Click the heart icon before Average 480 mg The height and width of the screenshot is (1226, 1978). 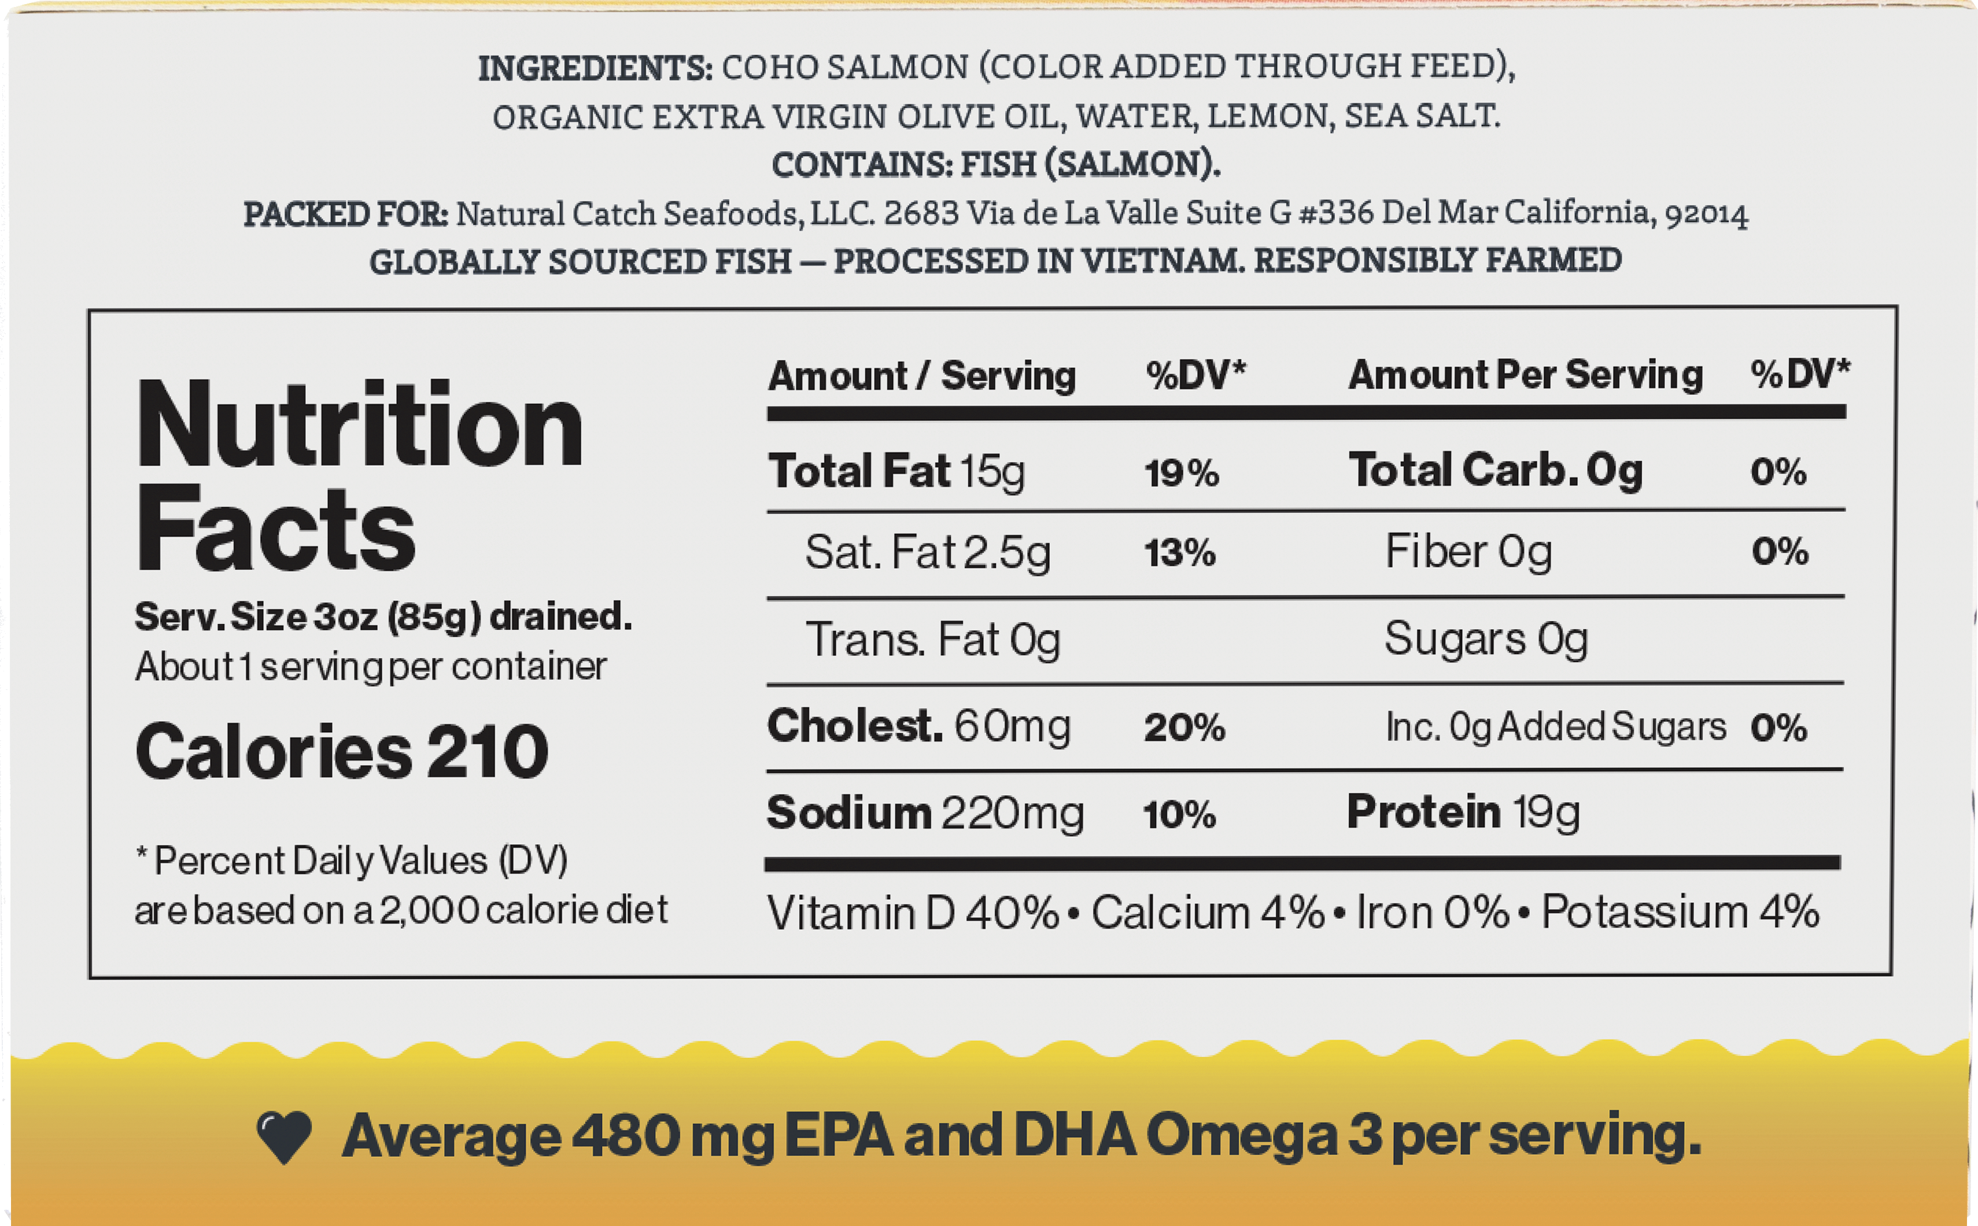point(284,1137)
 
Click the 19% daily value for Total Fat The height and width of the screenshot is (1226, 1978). point(1182,472)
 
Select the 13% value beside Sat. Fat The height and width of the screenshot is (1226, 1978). point(1180,553)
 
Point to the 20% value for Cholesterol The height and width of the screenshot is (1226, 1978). point(1184,728)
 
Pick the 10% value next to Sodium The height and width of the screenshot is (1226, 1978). point(1179,814)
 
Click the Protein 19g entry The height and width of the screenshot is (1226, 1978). point(1464,813)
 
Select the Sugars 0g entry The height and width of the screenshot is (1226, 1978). point(1486,639)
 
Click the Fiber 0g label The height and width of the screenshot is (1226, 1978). point(1468,552)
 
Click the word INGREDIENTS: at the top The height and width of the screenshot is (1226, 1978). point(595,68)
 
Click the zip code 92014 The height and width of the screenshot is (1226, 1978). point(1706,214)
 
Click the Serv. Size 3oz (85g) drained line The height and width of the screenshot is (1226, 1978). point(383,617)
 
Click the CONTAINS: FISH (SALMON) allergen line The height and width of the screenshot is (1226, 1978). point(996,165)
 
